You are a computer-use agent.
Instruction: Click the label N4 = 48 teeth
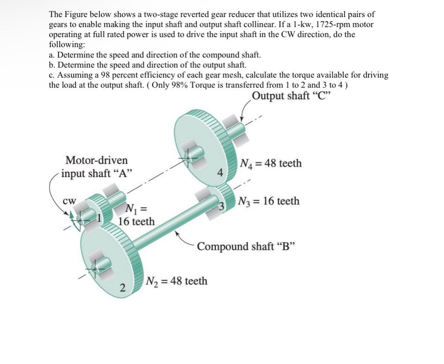click(x=270, y=163)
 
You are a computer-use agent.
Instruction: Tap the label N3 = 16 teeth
click(x=269, y=201)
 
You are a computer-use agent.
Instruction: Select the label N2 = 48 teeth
click(x=176, y=281)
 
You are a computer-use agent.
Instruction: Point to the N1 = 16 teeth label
click(x=136, y=215)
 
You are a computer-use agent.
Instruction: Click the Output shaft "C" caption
click(x=291, y=96)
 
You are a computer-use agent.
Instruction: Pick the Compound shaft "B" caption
click(x=246, y=246)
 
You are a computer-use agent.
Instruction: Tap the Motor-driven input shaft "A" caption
click(x=97, y=167)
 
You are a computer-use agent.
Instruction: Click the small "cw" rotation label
click(x=70, y=201)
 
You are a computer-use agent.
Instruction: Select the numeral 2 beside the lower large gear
click(x=123, y=288)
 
